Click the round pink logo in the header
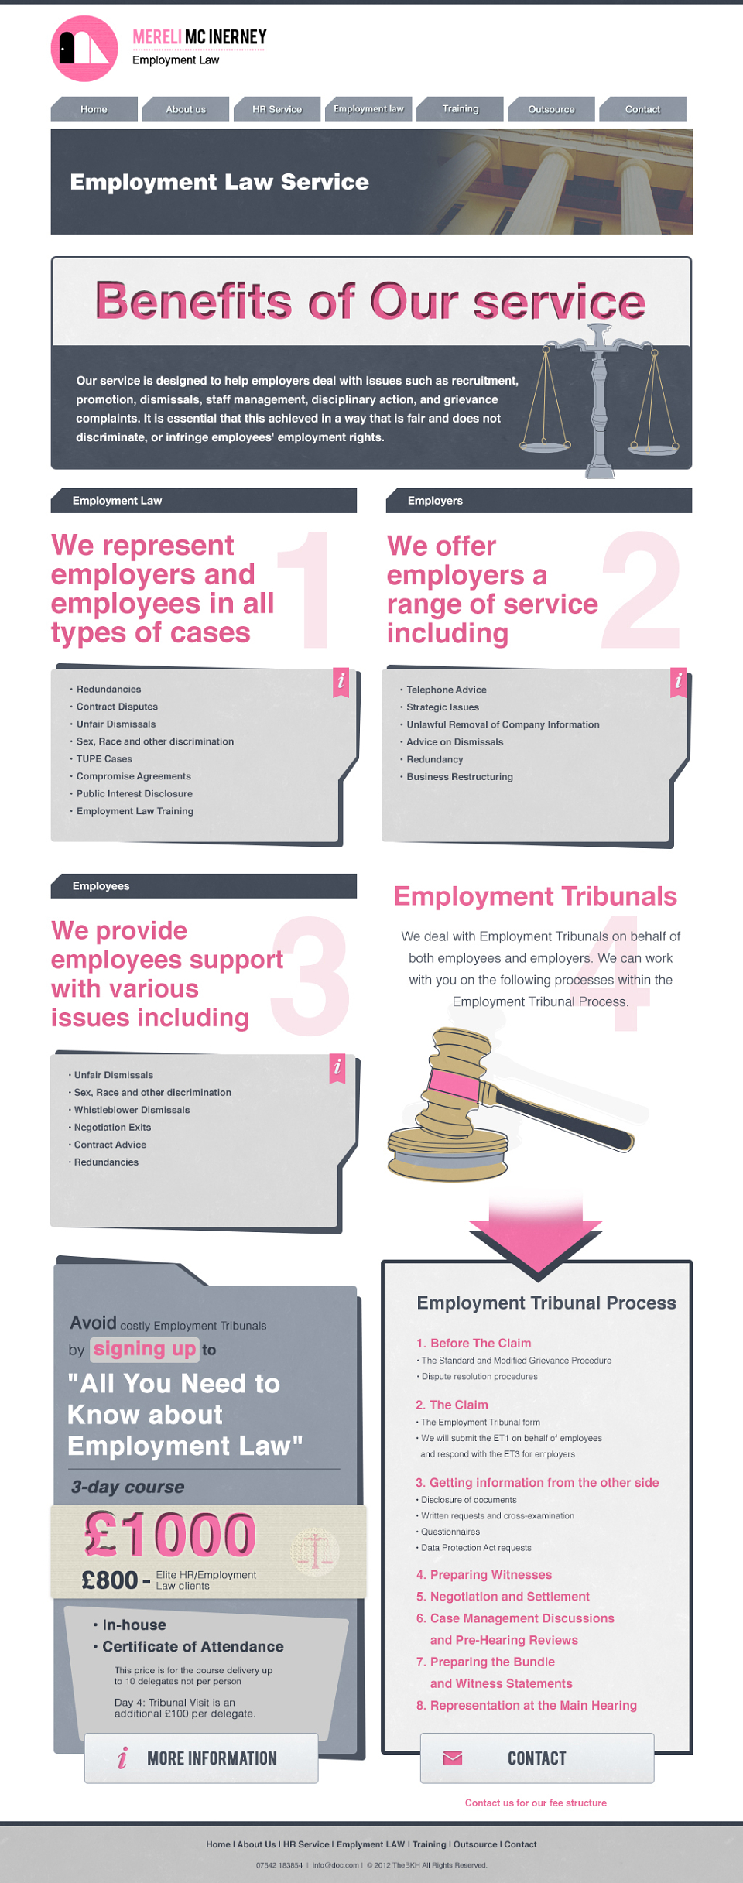(x=84, y=49)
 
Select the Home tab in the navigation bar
(x=94, y=109)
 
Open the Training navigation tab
(x=461, y=109)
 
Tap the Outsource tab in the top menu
(x=551, y=109)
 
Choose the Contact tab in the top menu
(x=642, y=109)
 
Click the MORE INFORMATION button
(x=201, y=1758)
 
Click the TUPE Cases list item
(x=104, y=759)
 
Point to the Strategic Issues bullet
(x=443, y=707)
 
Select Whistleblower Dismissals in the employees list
(x=132, y=1110)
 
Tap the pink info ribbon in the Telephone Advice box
(x=679, y=682)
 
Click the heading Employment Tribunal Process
(x=546, y=1303)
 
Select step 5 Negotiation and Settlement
(x=503, y=1596)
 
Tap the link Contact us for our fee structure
(x=536, y=1803)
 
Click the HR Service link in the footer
(x=306, y=1844)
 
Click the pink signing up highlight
(x=145, y=1349)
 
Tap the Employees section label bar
(x=204, y=886)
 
